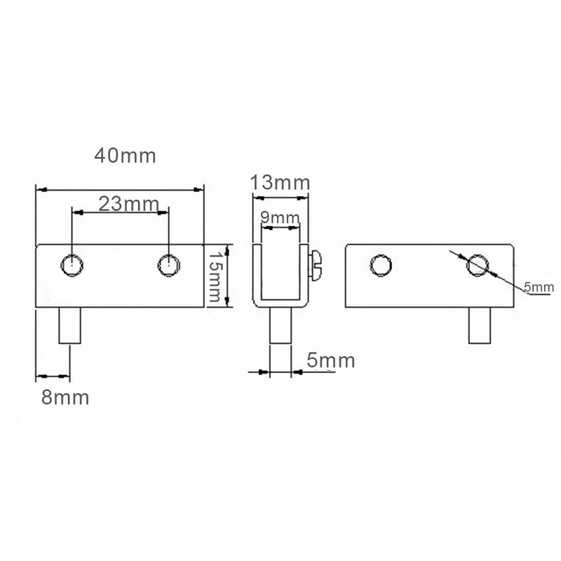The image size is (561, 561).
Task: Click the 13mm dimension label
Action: [x=280, y=184]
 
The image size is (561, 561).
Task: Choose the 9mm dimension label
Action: [x=280, y=218]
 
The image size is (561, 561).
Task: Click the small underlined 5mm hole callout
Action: [x=539, y=287]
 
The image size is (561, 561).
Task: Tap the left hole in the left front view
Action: [x=72, y=266]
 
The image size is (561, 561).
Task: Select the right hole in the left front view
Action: [x=168, y=265]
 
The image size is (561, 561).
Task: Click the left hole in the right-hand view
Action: [x=380, y=265]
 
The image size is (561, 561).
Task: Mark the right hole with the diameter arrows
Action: [x=478, y=265]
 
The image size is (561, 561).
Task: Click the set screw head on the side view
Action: [x=316, y=262]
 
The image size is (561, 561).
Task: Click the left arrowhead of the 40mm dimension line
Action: [x=39, y=189]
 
